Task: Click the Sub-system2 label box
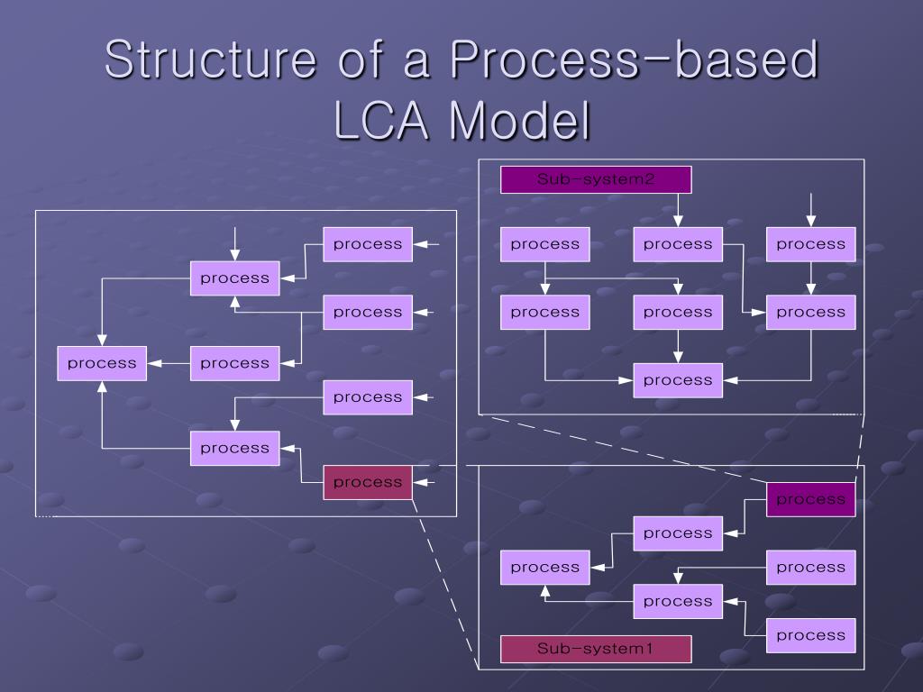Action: (596, 179)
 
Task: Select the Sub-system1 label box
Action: (596, 649)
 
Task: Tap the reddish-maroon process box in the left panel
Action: (368, 482)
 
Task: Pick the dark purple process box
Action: (810, 499)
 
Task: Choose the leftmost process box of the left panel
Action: (102, 363)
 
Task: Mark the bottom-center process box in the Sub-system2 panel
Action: (678, 380)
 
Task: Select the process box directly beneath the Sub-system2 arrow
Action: (678, 244)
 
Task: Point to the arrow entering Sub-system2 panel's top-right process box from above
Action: (811, 210)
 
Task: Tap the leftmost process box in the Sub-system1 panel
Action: (544, 568)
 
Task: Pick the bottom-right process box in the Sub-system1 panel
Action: (810, 635)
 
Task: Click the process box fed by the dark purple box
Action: (678, 533)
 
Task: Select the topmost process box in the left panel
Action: (368, 244)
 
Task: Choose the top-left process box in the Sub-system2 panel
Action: (544, 244)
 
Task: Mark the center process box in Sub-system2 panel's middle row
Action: (678, 313)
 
